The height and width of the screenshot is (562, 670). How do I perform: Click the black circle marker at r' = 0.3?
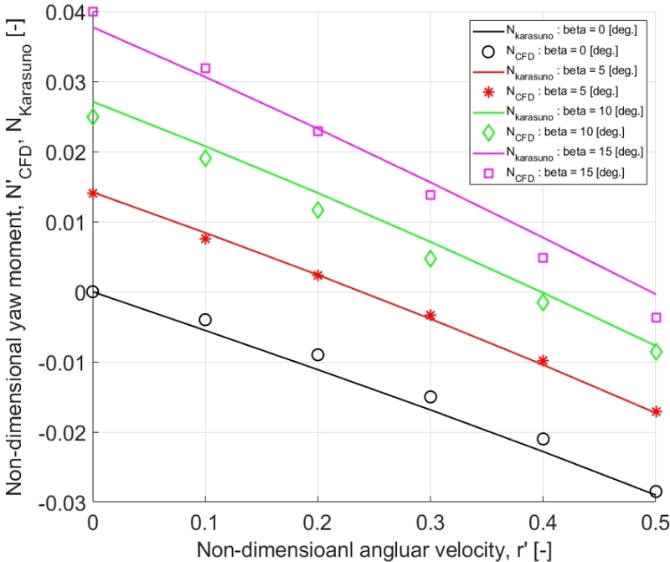point(430,396)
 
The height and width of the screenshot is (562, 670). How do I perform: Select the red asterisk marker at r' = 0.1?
point(205,239)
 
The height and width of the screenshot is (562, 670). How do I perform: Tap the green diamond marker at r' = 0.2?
point(317,210)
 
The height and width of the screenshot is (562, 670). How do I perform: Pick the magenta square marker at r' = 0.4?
point(543,258)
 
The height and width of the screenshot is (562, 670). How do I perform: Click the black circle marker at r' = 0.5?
point(656,492)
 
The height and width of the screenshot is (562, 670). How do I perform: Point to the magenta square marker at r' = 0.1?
point(205,68)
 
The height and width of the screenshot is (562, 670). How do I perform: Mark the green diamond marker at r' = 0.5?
point(656,352)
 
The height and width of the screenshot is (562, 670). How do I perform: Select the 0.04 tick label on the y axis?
point(67,13)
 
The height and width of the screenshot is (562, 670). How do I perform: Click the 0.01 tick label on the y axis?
point(67,222)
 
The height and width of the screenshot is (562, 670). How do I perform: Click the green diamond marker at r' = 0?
point(92,116)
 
